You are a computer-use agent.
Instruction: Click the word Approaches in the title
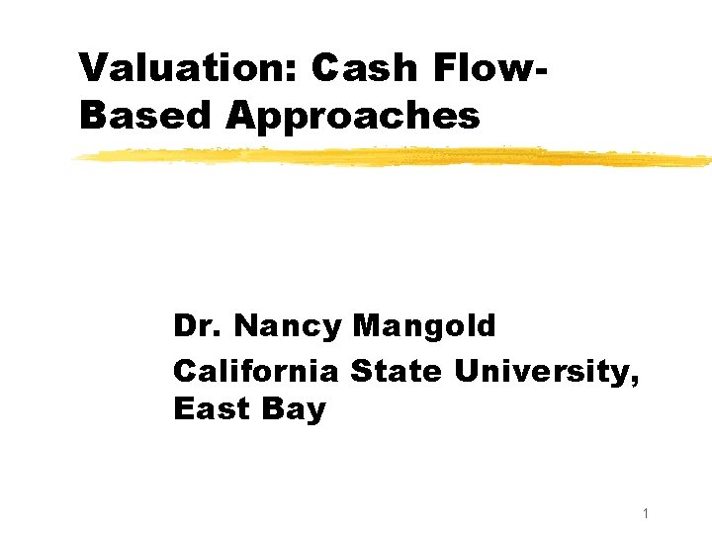click(353, 117)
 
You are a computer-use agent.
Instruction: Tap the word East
click(210, 408)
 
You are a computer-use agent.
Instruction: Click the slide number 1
click(644, 513)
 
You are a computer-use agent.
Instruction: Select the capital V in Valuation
click(93, 68)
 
